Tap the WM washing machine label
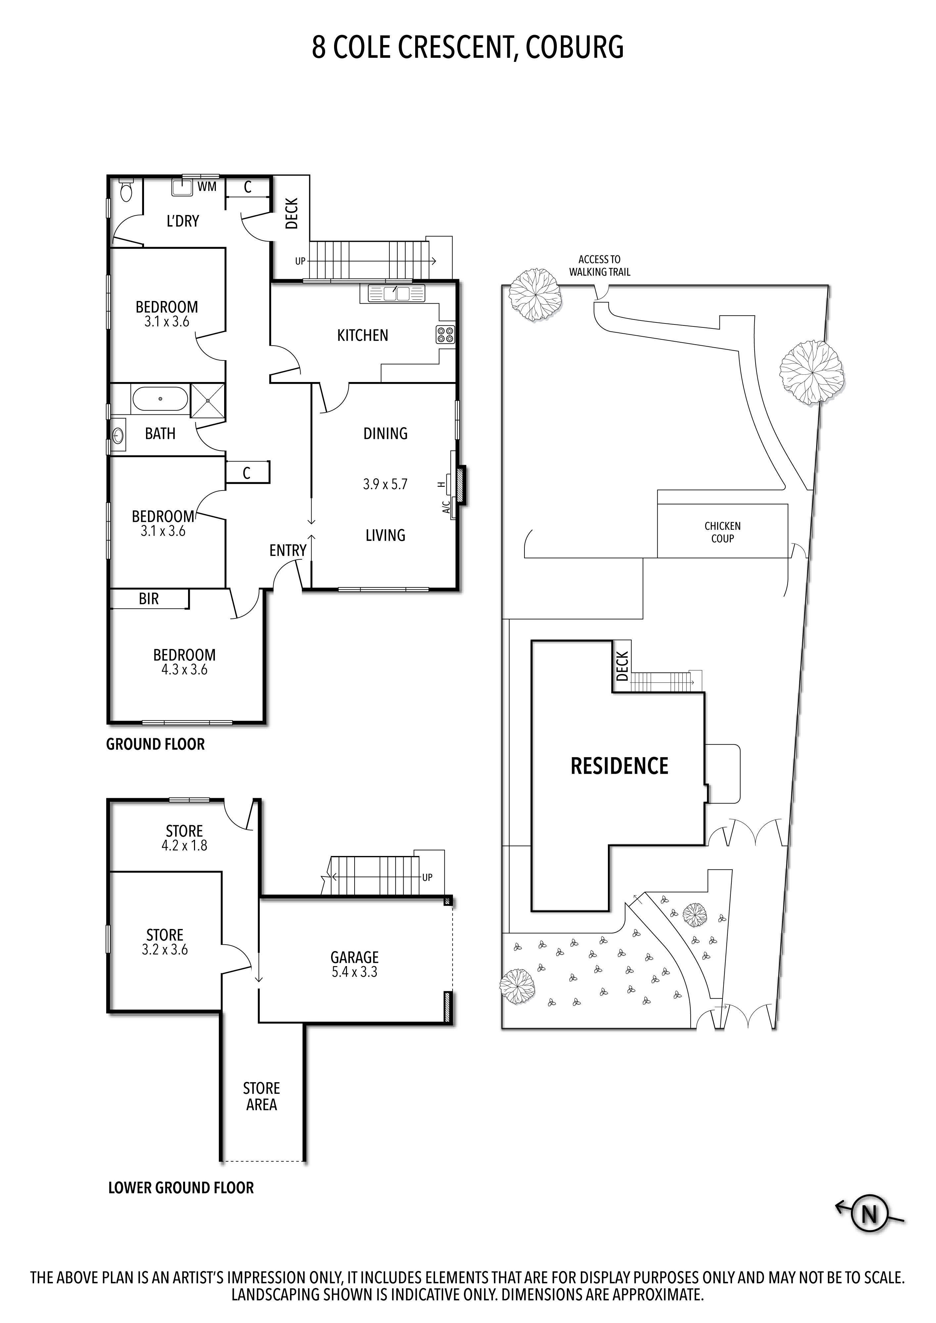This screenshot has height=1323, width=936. [x=207, y=187]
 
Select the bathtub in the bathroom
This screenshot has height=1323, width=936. [x=160, y=399]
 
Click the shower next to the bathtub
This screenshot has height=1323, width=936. [x=207, y=399]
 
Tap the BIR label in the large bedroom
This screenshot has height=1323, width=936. [x=148, y=599]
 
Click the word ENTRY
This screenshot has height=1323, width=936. [x=287, y=550]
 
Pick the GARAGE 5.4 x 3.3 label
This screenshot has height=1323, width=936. [x=354, y=964]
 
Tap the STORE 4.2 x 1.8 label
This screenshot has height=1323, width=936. [x=184, y=838]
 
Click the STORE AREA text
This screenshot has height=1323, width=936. [x=261, y=1096]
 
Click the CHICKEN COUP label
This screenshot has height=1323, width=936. [x=722, y=532]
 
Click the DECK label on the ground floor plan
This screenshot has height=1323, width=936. [x=292, y=214]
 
